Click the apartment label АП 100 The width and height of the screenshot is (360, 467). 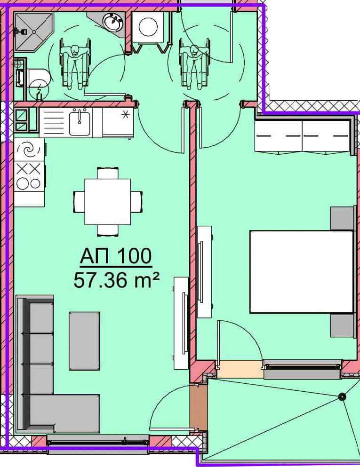point(116,256)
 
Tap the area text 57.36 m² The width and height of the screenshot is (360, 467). point(116,280)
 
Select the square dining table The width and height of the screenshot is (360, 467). point(108,202)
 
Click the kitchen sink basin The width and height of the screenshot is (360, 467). point(80,122)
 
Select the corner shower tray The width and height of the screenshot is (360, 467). point(33,32)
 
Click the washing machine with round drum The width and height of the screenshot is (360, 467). point(148,27)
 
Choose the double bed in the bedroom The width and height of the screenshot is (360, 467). point(302,272)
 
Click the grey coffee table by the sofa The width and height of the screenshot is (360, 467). point(84,341)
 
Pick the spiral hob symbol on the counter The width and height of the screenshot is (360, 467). point(29,150)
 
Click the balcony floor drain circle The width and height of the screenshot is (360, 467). point(342,396)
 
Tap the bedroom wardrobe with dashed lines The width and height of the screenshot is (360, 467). point(303,136)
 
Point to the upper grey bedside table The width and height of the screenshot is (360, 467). point(343,218)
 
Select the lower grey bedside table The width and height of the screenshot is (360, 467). point(343,325)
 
